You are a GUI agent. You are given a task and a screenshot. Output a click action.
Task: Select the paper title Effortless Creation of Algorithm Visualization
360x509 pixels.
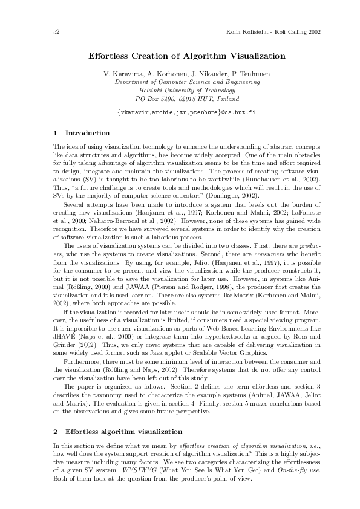186,56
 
